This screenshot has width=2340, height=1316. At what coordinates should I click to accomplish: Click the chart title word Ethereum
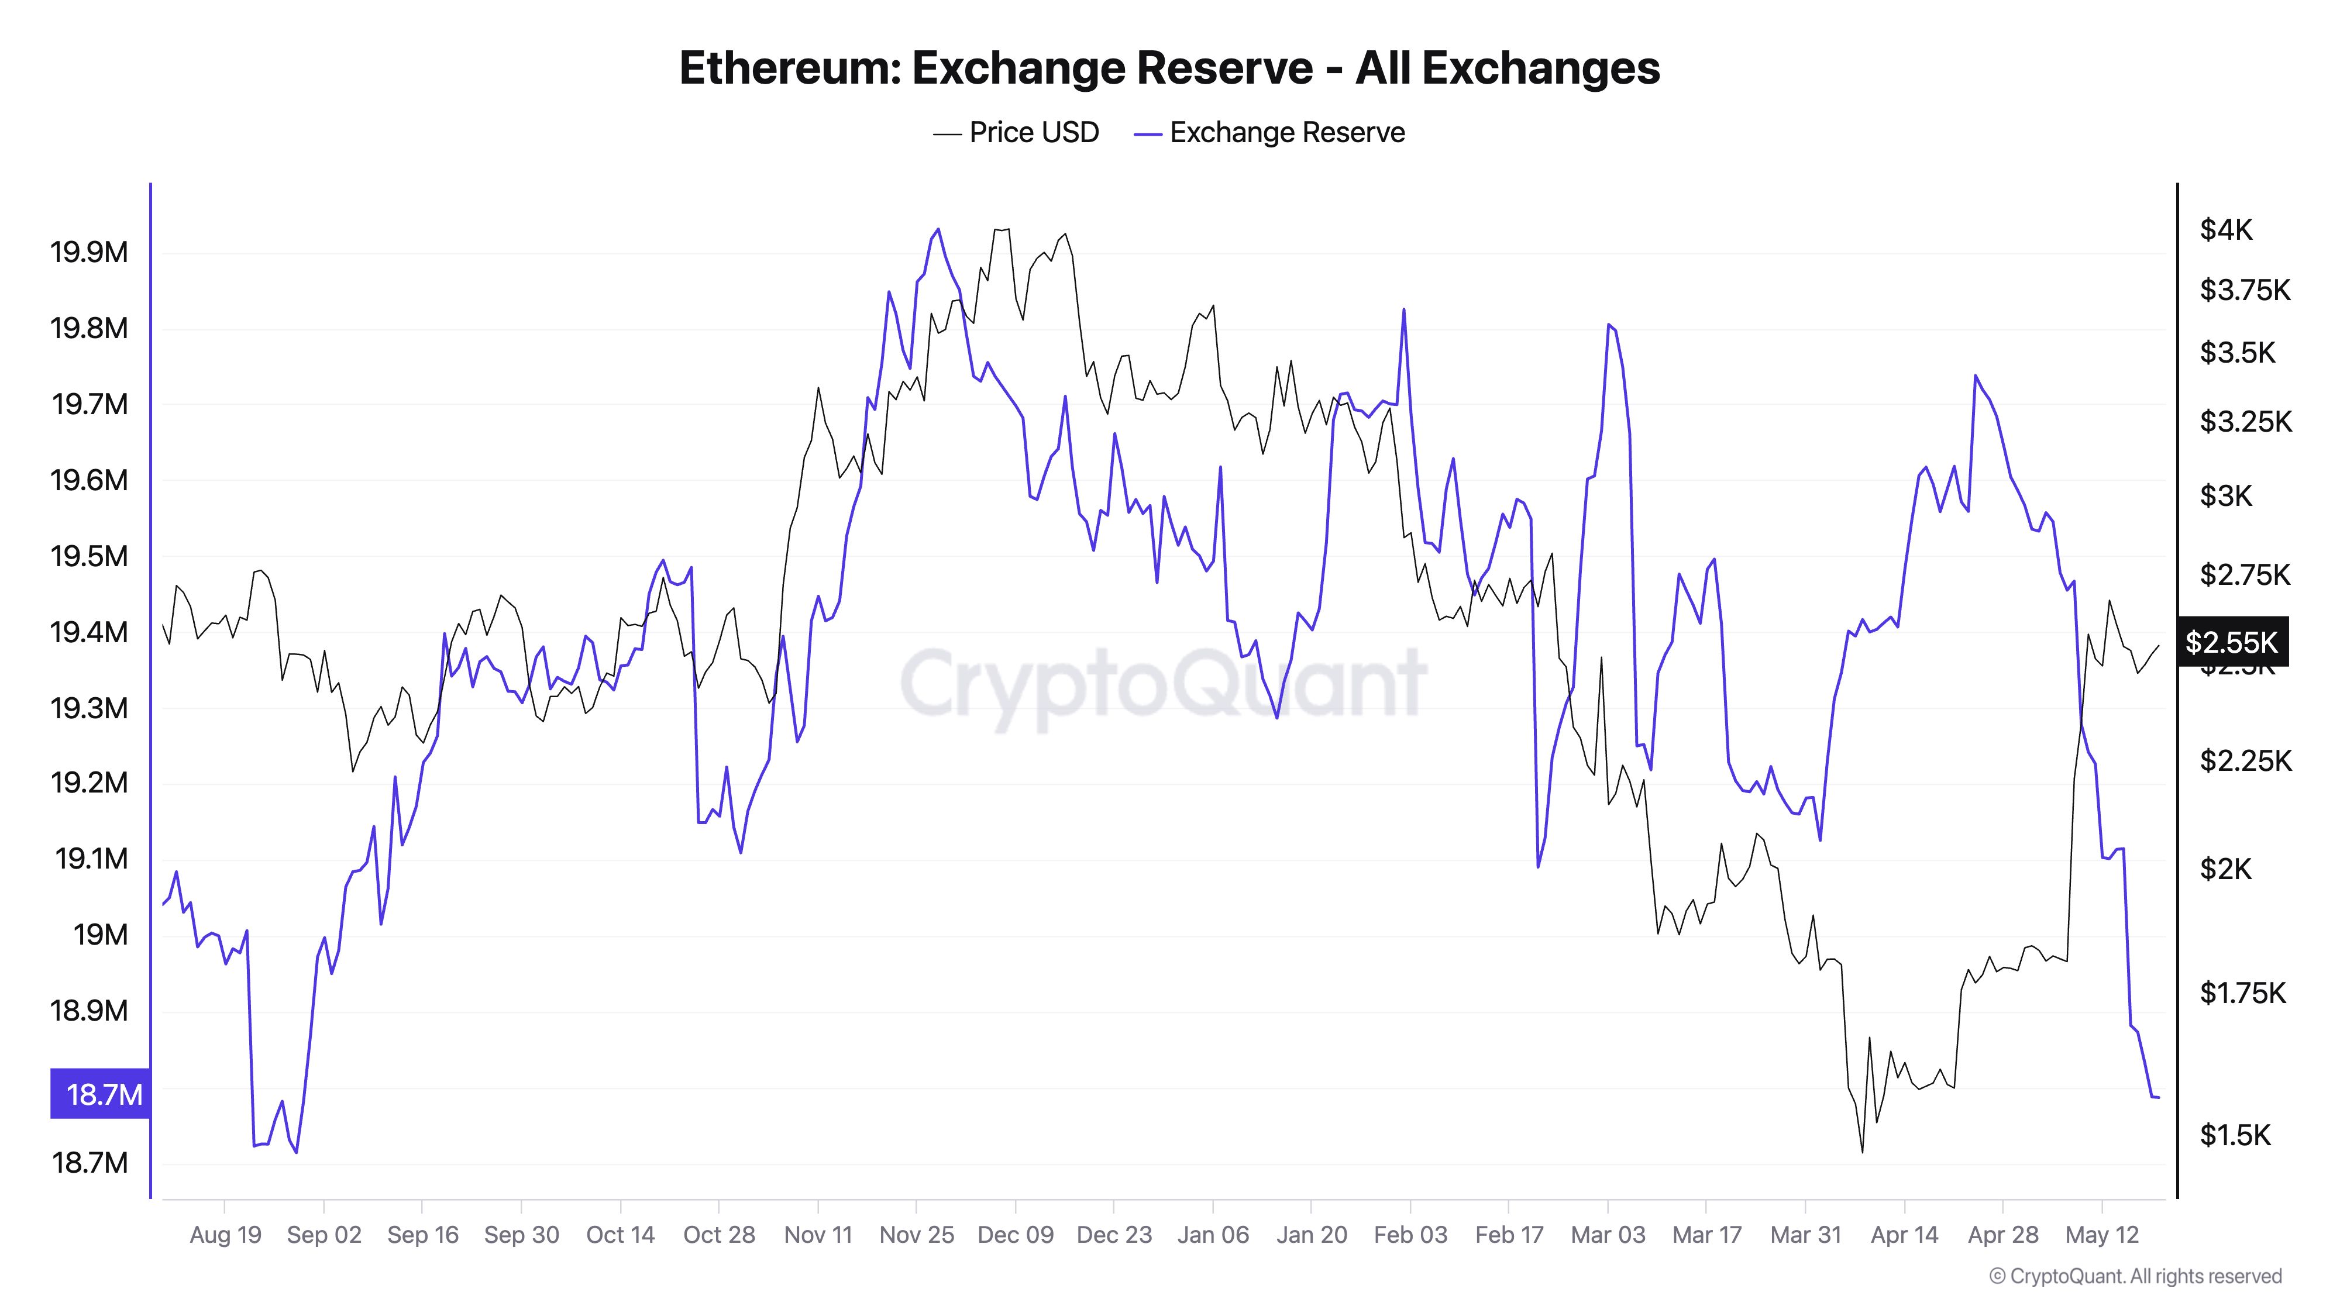point(789,68)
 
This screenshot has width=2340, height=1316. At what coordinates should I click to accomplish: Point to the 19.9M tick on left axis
point(89,253)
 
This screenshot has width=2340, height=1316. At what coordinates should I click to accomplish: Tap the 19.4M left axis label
point(89,632)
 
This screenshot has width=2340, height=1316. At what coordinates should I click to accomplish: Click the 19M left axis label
point(100,935)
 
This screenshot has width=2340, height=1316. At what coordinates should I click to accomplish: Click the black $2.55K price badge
point(2231,642)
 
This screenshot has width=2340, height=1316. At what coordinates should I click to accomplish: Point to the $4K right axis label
point(2225,230)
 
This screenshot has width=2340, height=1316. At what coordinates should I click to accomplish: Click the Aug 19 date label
point(225,1235)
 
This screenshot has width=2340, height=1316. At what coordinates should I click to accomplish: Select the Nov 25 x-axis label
point(917,1235)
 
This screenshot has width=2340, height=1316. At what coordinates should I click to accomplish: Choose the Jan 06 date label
point(1213,1235)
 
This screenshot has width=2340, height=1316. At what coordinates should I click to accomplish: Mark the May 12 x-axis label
point(2102,1235)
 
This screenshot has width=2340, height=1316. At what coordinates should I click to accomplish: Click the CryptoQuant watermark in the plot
point(1163,681)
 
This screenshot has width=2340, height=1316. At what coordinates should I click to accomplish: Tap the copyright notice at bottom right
point(2135,1277)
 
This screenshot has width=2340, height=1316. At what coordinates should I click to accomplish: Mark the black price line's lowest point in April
point(1862,1152)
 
